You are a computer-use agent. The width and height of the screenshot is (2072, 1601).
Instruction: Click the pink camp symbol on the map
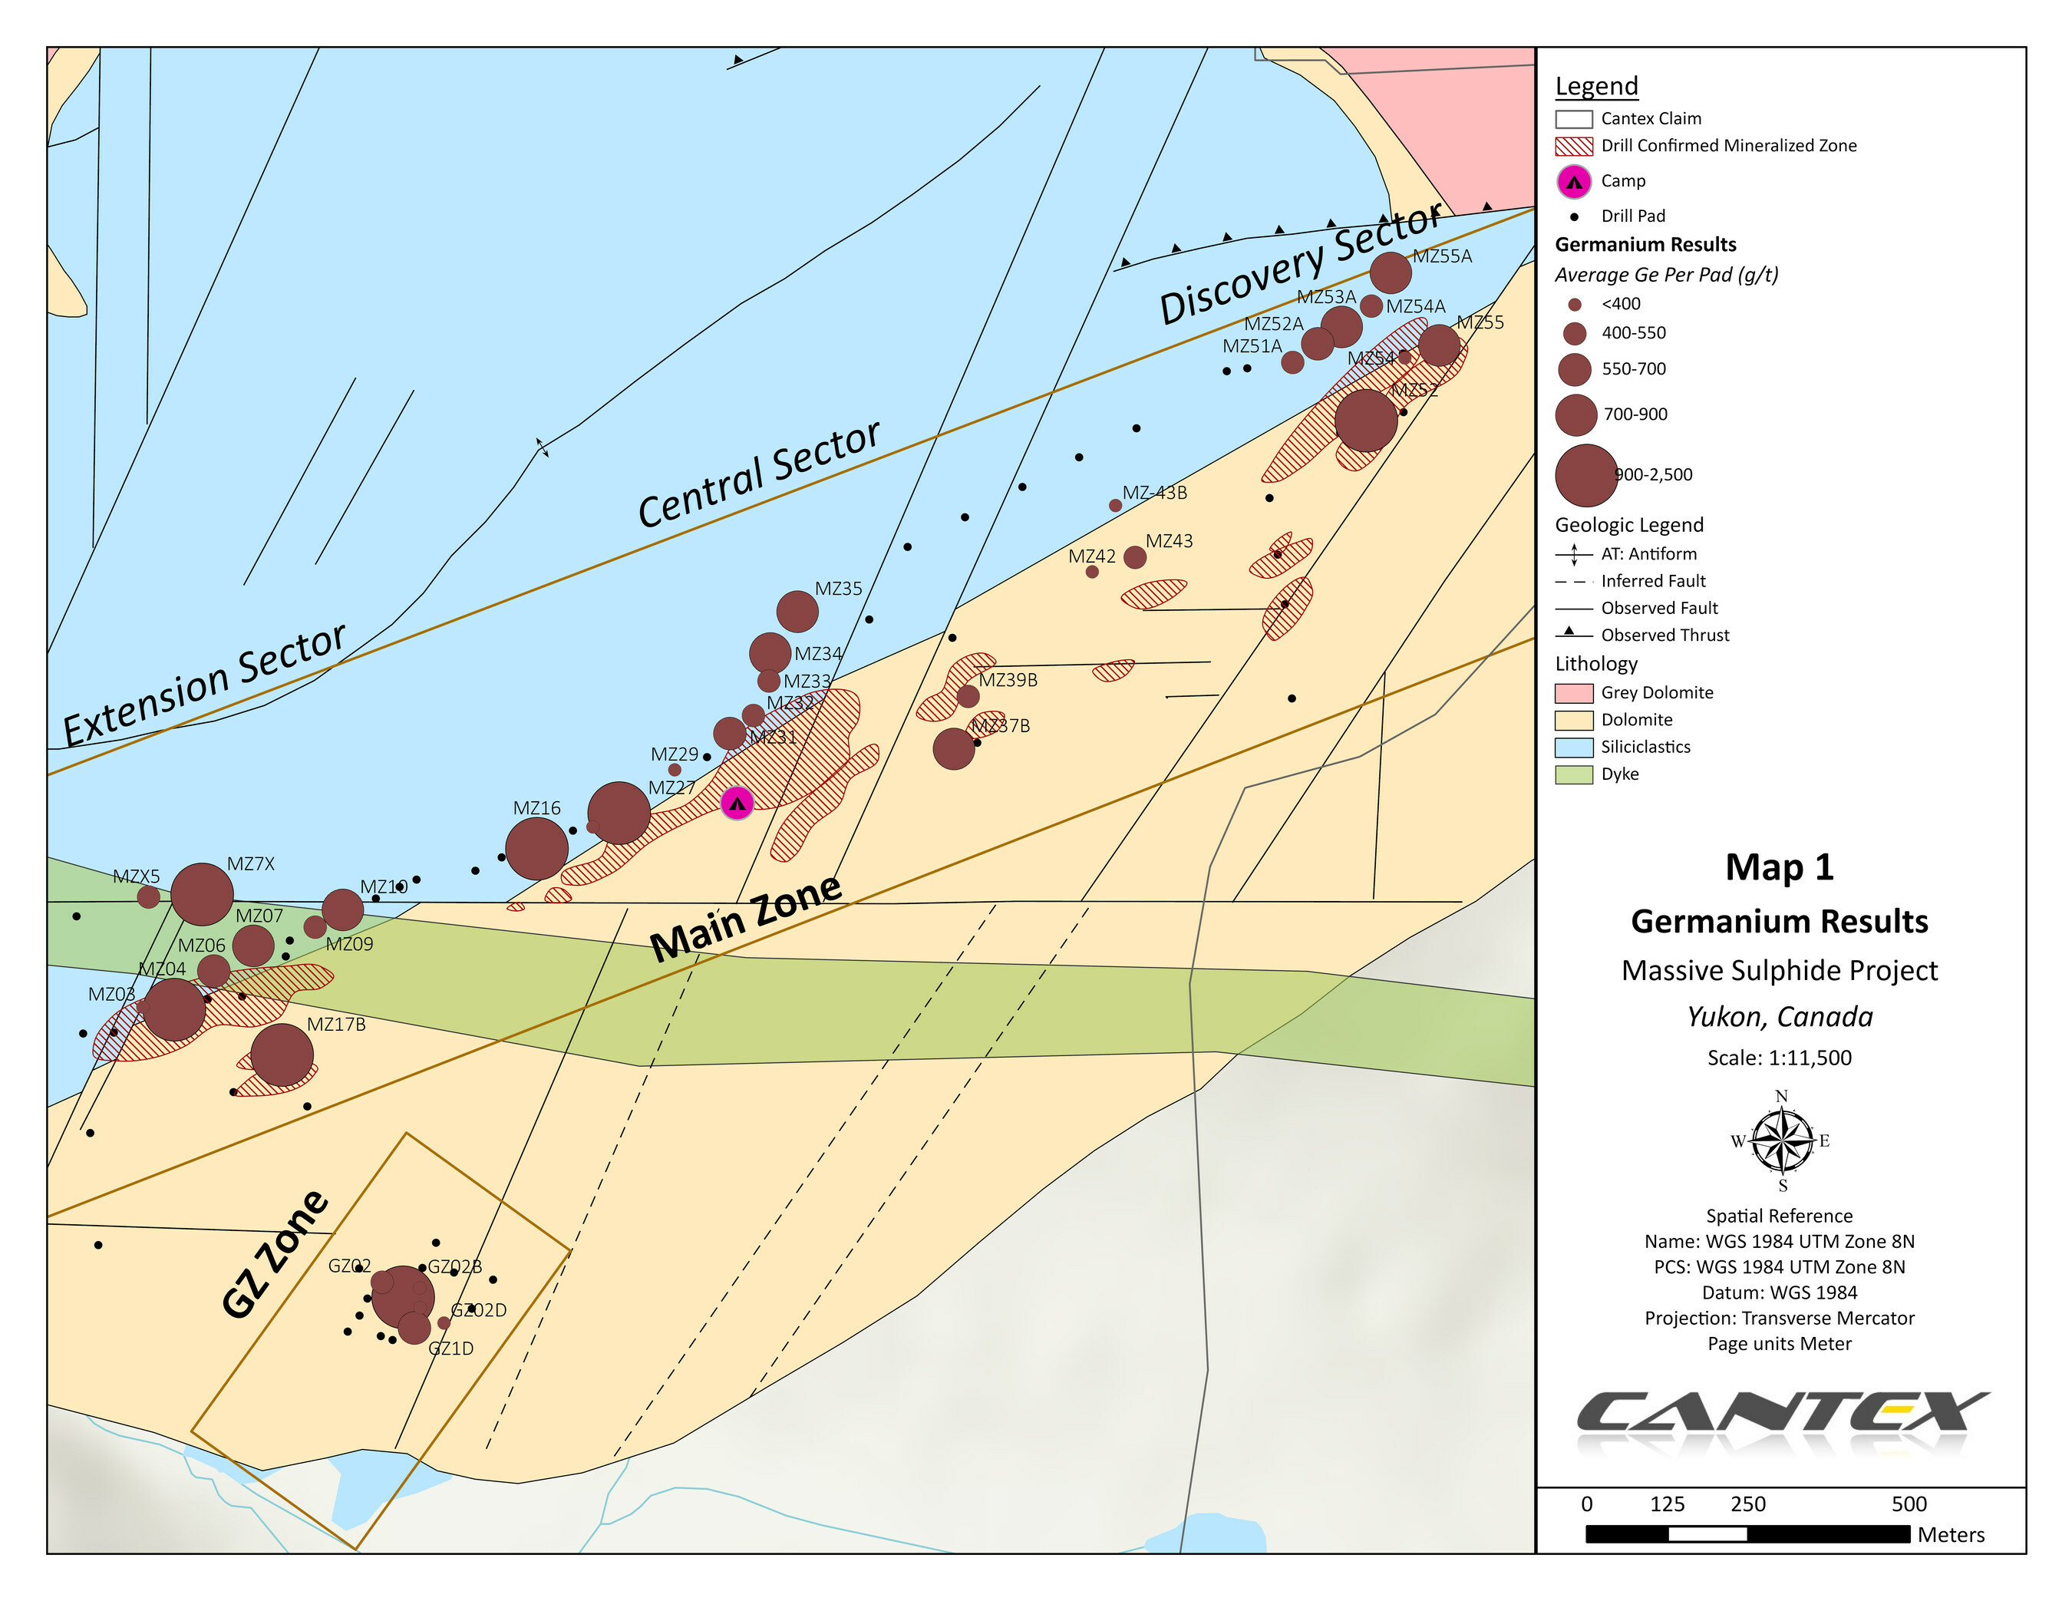(737, 803)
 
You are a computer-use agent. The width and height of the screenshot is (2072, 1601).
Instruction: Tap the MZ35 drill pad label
(838, 589)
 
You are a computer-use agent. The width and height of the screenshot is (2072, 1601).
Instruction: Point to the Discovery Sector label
(1300, 264)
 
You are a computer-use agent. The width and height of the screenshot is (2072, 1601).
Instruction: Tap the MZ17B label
(336, 1024)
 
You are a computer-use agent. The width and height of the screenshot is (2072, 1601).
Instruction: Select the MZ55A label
(1441, 256)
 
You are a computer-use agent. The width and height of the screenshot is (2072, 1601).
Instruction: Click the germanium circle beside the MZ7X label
(202, 894)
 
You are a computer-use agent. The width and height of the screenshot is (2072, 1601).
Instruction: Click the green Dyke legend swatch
(1573, 774)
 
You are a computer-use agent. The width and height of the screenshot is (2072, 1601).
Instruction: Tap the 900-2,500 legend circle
(1585, 475)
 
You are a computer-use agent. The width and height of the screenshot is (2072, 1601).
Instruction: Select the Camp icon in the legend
(1574, 181)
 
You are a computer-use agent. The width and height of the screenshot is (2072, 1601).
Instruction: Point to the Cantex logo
(1780, 1413)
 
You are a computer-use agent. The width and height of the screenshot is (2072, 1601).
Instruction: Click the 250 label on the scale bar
(1747, 1504)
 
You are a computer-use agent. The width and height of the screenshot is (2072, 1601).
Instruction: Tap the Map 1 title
(1779, 867)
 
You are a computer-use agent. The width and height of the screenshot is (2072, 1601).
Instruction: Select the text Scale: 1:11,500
(1779, 1057)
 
